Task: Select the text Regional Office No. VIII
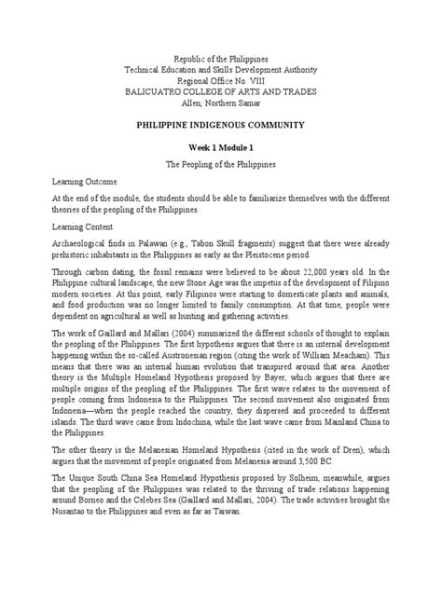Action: pyautogui.click(x=221, y=84)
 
